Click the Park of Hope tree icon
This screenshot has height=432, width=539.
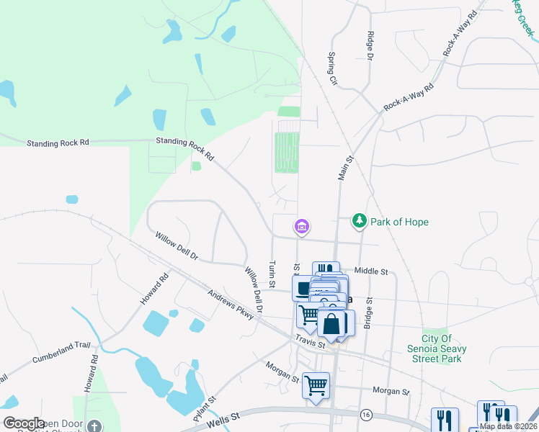click(360, 221)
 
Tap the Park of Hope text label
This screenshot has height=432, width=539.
click(399, 222)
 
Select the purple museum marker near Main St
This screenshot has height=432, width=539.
click(301, 228)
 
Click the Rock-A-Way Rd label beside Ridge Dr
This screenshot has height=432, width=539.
click(409, 97)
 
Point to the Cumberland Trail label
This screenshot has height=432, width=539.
click(63, 353)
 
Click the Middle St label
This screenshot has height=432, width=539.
click(371, 271)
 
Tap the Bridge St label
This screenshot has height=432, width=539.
click(368, 313)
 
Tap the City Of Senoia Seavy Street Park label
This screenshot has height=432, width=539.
click(444, 348)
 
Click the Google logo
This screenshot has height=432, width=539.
click(24, 423)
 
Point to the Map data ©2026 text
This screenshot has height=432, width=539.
click(509, 426)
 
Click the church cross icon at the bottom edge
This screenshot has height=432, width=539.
click(94, 427)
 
